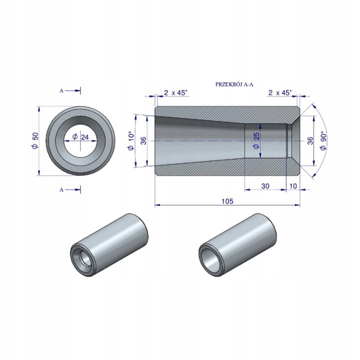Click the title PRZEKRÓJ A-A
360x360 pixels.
click(x=234, y=84)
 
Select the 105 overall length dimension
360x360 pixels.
click(x=227, y=201)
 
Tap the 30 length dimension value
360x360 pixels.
click(x=265, y=185)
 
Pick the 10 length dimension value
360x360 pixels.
click(x=293, y=185)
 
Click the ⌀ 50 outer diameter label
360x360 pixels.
click(x=35, y=140)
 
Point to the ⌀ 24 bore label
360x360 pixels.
click(x=80, y=137)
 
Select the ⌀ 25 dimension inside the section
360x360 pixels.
click(x=256, y=140)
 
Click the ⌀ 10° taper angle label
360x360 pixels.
click(x=131, y=140)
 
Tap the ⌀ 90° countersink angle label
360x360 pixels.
click(x=323, y=140)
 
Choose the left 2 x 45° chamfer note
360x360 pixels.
click(x=176, y=93)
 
